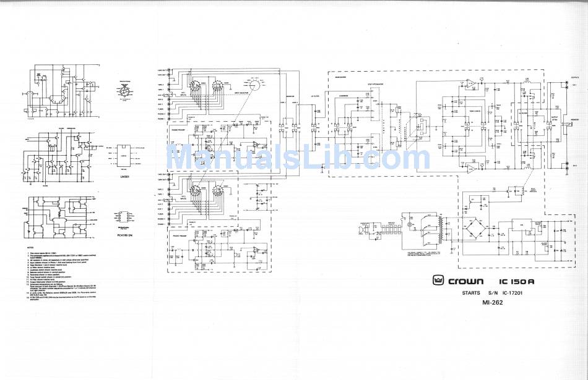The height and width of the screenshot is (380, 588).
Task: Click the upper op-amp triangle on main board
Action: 470,83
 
